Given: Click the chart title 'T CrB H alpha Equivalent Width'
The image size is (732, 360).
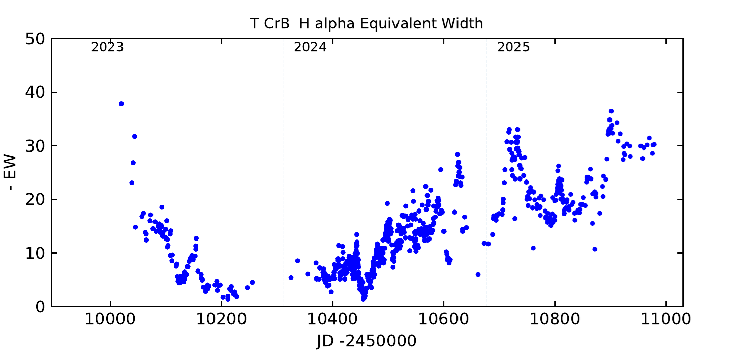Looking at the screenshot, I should click(x=366, y=23).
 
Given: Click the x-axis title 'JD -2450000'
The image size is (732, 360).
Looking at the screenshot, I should click(x=366, y=342).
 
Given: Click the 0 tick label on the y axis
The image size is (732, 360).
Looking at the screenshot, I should click(x=40, y=307).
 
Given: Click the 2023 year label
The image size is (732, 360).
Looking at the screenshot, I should click(x=107, y=48).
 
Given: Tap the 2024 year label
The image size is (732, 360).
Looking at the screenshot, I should click(x=310, y=48).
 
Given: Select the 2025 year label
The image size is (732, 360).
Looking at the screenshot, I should click(x=513, y=48).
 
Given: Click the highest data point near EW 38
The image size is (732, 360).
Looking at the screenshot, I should click(x=121, y=104).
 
